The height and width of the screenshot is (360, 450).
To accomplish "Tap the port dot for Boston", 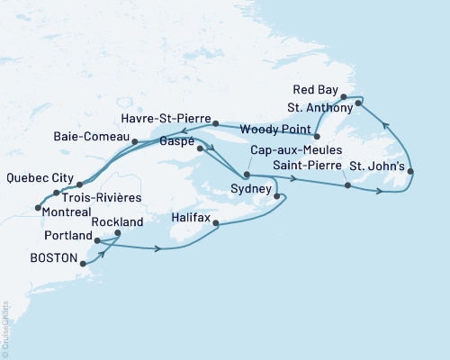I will [83, 264].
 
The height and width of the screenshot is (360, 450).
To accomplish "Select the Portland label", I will [67, 235].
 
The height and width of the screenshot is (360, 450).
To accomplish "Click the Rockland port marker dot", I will [118, 233].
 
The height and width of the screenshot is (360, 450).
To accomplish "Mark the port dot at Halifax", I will [216, 225].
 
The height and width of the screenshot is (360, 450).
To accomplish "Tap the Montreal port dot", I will [37, 208].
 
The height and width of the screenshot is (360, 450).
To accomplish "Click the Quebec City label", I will [36, 177].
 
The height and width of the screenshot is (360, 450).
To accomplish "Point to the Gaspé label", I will [177, 142].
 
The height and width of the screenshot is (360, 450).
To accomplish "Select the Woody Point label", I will [282, 130].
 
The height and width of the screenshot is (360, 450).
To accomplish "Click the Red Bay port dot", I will [344, 97].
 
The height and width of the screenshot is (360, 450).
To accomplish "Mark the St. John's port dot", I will [410, 171].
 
